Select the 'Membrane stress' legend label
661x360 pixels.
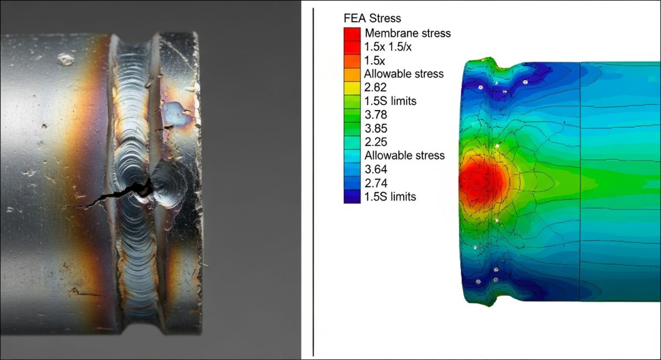(407, 33)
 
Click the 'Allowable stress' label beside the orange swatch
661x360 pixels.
(404, 74)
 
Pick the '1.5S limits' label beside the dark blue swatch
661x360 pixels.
(390, 197)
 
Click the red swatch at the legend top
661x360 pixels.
(351, 33)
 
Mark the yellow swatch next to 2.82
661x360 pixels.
(351, 88)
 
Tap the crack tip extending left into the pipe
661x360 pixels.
(61, 208)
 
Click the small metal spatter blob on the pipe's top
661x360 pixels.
(67, 58)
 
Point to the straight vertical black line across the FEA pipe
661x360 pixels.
(579, 182)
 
